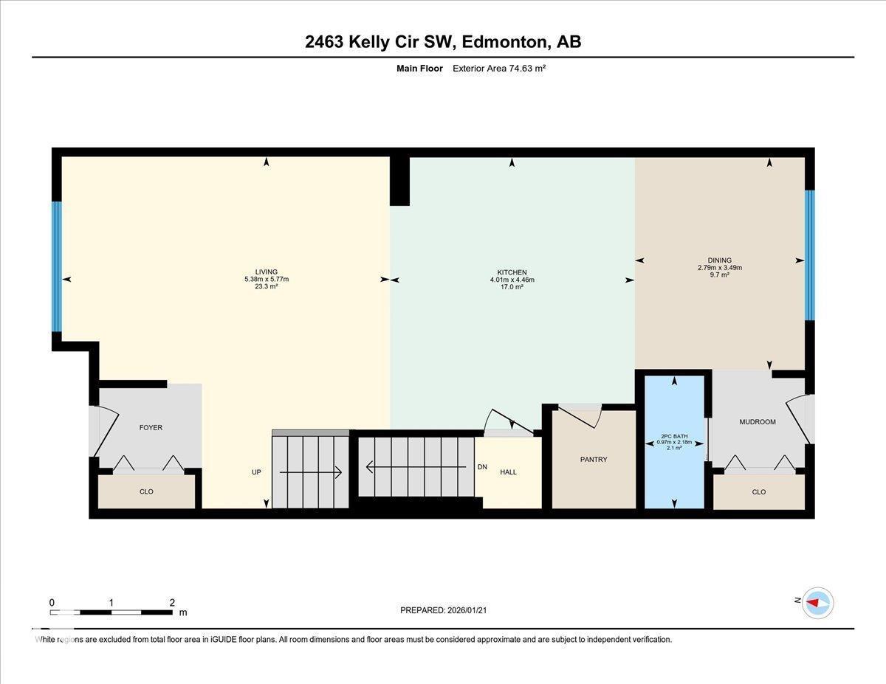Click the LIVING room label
(266, 272)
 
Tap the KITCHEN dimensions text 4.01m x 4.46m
(512, 280)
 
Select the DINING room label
(719, 260)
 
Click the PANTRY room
(594, 460)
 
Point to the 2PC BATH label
(674, 436)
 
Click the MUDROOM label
(758, 422)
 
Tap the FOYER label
(151, 427)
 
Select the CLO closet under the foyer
(146, 491)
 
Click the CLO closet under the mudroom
(758, 492)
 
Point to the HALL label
(508, 472)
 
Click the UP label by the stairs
(256, 471)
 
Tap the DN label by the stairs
(482, 466)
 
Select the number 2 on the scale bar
(171, 602)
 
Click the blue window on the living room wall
(56, 266)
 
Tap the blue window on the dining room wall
(810, 255)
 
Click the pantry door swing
(583, 415)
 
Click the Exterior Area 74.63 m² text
(498, 68)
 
